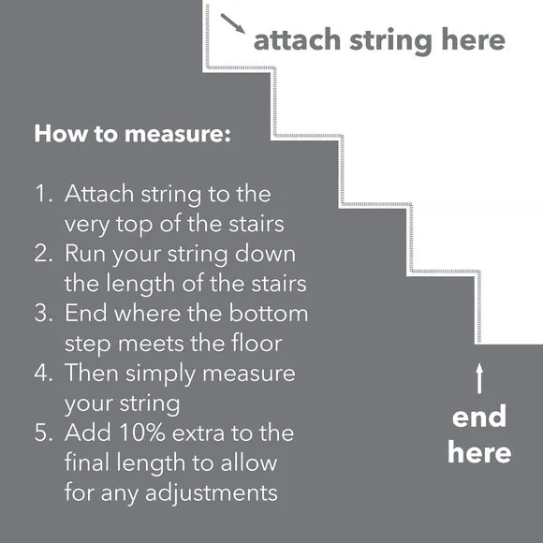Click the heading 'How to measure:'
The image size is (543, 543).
(x=132, y=133)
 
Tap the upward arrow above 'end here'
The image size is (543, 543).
(x=479, y=377)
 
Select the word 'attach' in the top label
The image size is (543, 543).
(x=298, y=41)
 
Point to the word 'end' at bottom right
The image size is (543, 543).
(x=479, y=417)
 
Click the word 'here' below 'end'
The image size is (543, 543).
(x=479, y=453)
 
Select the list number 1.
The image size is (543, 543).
(x=43, y=195)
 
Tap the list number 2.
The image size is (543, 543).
(x=43, y=254)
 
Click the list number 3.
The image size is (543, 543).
(x=43, y=313)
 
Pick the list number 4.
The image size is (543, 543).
(x=43, y=373)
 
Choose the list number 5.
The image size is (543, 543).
(x=43, y=433)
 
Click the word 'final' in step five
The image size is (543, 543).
(x=88, y=462)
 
